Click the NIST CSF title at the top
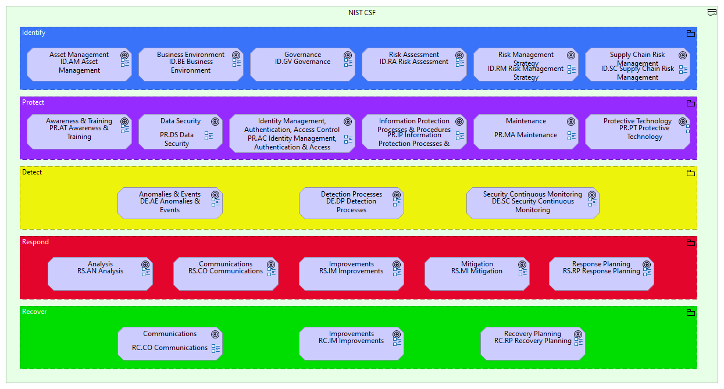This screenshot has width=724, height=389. click(362, 13)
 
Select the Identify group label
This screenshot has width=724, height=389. click(34, 33)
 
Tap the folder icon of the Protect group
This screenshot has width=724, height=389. click(691, 104)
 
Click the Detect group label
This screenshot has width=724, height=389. click(32, 173)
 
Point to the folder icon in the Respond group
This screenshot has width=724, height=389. click(691, 243)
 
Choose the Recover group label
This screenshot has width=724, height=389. click(34, 312)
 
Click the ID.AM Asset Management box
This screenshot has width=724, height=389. click(79, 64)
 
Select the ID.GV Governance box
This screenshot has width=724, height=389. click(302, 64)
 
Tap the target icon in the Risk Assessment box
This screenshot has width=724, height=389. click(459, 56)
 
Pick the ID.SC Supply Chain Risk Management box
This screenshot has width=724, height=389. click(637, 64)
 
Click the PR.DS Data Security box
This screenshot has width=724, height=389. click(180, 132)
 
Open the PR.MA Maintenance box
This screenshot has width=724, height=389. click(526, 132)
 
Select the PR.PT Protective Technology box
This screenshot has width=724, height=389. click(637, 132)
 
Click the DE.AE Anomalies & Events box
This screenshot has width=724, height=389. click(170, 204)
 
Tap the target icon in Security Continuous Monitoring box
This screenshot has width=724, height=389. click(592, 195)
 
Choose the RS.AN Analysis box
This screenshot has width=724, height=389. click(100, 274)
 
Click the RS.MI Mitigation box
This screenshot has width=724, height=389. click(477, 274)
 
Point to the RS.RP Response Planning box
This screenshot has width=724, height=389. click(601, 274)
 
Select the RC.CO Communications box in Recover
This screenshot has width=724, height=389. click(170, 344)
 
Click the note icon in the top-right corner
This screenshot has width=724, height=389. click(712, 12)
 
